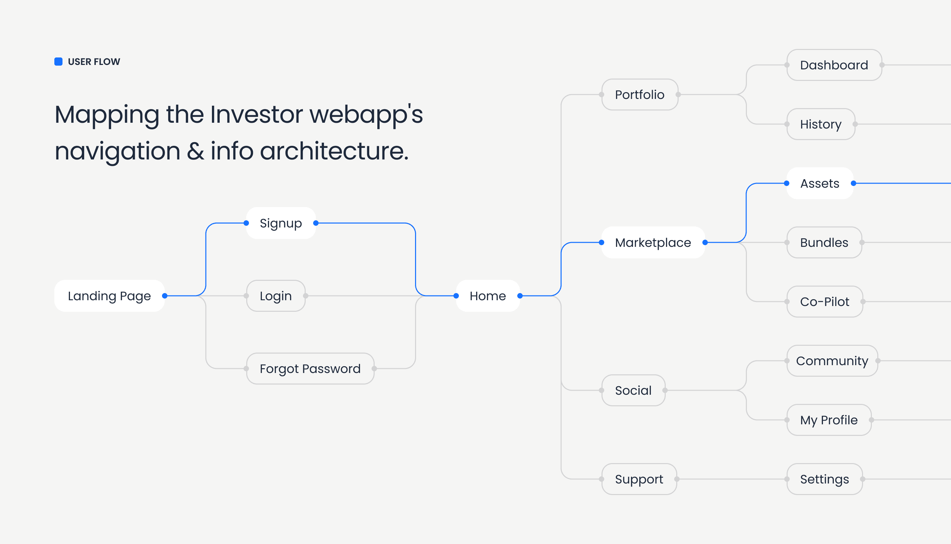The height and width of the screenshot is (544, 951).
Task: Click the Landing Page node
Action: pos(109,296)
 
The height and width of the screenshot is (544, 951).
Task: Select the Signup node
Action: pos(281,223)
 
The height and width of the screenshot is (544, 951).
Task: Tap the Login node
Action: pos(276,296)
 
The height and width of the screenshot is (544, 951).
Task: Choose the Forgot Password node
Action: pos(310,369)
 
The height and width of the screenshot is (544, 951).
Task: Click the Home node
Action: pos(487,296)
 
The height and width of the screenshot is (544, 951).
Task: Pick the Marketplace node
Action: pos(653,242)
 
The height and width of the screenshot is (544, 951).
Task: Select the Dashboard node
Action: pos(834,65)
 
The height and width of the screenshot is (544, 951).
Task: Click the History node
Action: pos(820,124)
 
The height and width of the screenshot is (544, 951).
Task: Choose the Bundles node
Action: pos(824,242)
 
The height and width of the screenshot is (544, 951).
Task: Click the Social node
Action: pos(633,390)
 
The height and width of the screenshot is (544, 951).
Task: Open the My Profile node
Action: pos(829,420)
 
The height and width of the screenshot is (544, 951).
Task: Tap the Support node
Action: pos(639,479)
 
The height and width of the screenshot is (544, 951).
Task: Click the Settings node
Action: pos(824,479)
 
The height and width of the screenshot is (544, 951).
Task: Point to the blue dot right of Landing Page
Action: pos(165,296)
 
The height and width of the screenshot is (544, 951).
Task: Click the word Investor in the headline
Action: pos(256,114)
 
